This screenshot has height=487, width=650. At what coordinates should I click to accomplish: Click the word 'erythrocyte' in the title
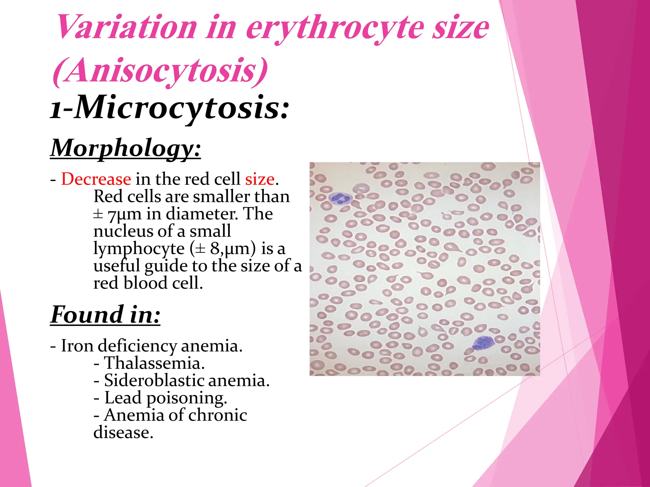coord(335,29)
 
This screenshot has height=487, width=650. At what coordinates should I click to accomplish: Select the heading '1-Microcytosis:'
coord(170,108)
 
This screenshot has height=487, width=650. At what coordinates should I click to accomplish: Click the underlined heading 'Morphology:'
coord(126,148)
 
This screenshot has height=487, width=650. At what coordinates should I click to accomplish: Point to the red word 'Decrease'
coord(96,179)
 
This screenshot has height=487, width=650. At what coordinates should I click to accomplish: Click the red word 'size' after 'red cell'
coord(260,179)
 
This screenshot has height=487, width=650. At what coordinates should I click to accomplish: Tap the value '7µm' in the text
coord(124,214)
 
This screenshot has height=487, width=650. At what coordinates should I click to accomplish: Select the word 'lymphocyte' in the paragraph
coord(139,249)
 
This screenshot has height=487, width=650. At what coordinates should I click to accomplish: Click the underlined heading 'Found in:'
coord(105,315)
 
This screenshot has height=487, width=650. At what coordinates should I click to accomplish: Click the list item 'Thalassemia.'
coord(154,363)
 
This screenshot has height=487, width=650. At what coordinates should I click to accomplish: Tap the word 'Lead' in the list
coord(123,398)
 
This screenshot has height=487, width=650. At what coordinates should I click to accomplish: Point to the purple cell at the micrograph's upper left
coord(340,199)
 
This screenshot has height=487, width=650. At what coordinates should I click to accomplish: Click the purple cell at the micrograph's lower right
coord(483,343)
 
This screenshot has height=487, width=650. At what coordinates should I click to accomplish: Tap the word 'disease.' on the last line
coord(123,432)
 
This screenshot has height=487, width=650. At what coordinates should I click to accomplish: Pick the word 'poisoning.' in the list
coord(187,398)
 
